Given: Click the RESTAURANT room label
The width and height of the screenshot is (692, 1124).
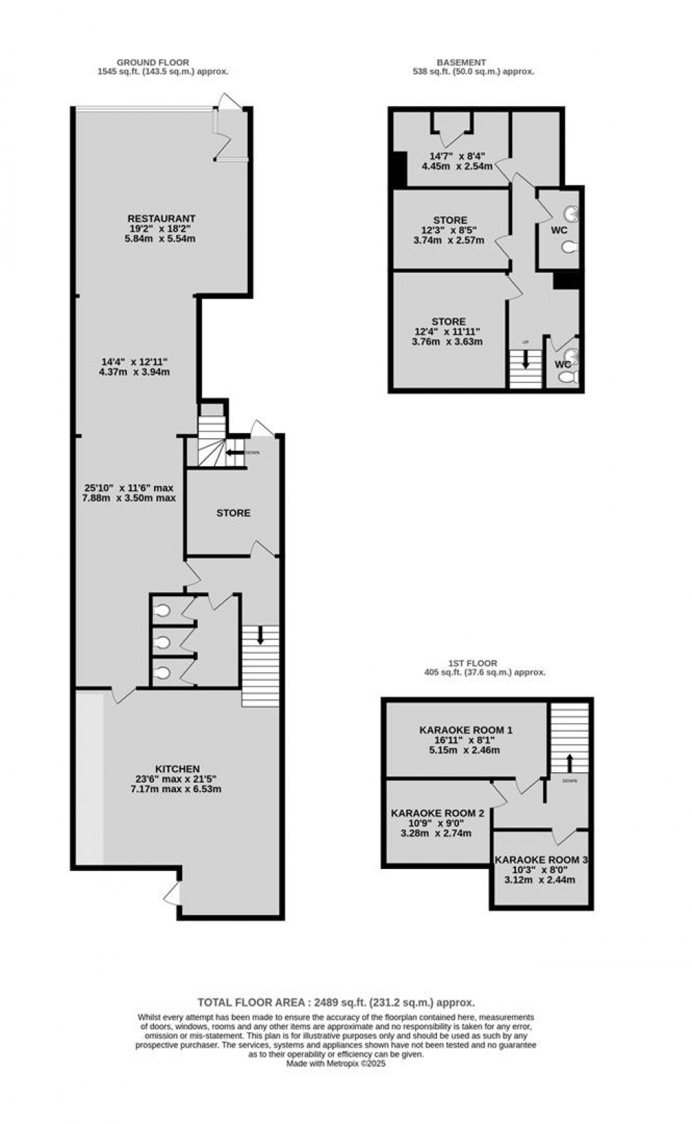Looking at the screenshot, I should pos(162,218).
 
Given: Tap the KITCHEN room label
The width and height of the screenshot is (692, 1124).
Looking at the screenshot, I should pos(178,769).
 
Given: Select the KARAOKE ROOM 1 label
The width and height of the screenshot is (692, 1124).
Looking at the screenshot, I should pos(466,729).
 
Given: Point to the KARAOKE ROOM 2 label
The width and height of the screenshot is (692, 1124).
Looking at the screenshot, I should pos(438,813).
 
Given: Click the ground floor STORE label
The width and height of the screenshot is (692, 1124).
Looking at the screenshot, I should pos(234,513).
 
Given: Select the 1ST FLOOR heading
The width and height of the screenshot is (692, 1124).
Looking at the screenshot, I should pos(473,663).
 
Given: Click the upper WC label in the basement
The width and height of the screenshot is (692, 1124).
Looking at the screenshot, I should pos(559,230).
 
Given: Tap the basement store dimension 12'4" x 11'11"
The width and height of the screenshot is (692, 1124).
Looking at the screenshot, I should pos(449,332).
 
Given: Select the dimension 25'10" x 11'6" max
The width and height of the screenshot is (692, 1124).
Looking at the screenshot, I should pos(128,487).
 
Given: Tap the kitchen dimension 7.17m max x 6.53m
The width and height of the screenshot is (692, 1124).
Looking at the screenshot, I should pos(176,788).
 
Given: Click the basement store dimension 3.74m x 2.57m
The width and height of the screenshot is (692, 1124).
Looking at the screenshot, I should pos(449,240).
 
